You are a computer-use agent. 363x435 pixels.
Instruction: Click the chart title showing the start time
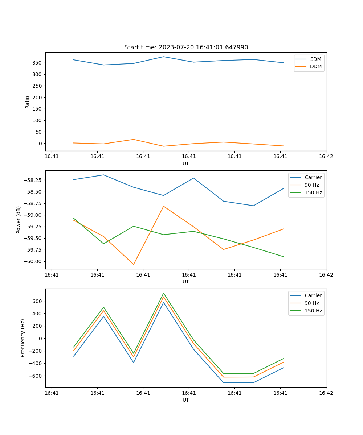pos(186,47)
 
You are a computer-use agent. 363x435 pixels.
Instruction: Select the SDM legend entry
pos(315,59)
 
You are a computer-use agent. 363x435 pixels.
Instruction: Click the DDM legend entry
pos(315,66)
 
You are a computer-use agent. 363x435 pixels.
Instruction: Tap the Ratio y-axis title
pos(28,102)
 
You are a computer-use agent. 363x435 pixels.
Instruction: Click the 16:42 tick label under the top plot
pos(326,157)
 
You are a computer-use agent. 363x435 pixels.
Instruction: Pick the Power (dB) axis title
pos(19,220)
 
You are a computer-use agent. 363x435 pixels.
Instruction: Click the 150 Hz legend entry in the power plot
pos(313,192)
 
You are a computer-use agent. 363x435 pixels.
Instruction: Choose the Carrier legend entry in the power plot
pos(313,177)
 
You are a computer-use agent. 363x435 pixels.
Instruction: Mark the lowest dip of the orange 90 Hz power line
pos(134,264)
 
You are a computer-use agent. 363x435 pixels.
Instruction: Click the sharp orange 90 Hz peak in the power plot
pos(164,206)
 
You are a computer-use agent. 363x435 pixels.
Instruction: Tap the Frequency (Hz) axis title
pos(23,338)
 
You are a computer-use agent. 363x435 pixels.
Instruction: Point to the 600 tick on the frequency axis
pos(38,301)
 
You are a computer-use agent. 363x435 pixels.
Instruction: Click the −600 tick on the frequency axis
pos(36,376)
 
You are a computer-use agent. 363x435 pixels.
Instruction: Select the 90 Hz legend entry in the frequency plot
pos(312,303)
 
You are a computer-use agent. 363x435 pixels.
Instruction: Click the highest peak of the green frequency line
pos(164,293)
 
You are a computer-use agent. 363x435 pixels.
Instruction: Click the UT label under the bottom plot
pos(186,400)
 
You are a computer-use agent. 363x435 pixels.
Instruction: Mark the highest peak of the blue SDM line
pos(164,57)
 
